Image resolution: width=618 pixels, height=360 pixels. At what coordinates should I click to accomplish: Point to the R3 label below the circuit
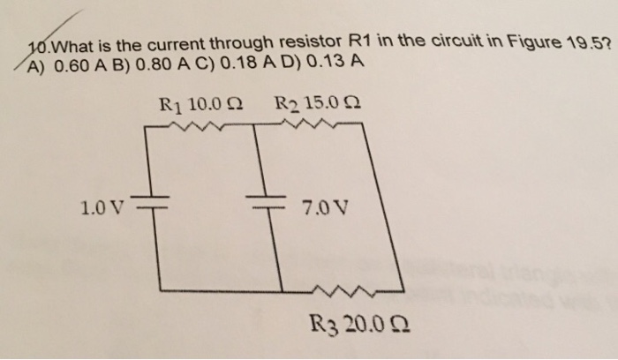coord(324,326)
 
